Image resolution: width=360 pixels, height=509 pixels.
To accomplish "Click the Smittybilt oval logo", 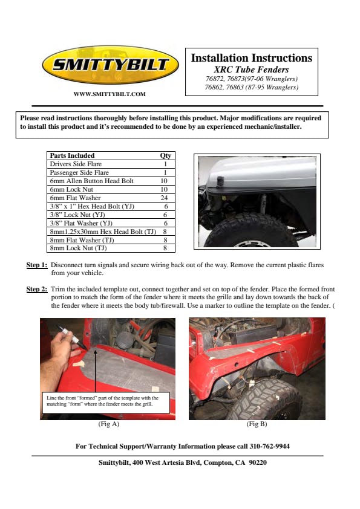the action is pyautogui.click(x=111, y=65).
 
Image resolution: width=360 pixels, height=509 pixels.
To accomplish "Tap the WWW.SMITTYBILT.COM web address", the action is pyautogui.click(x=110, y=94).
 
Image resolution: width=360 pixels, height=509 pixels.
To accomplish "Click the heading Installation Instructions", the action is pyautogui.click(x=252, y=58).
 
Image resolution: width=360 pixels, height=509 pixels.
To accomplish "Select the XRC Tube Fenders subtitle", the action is pyautogui.click(x=251, y=70).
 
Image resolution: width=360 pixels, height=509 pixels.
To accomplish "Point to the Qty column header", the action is pyautogui.click(x=165, y=155).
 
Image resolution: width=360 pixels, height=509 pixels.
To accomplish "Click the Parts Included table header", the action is pyautogui.click(x=72, y=155).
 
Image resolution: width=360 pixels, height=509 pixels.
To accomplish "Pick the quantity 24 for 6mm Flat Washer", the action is pyautogui.click(x=164, y=198).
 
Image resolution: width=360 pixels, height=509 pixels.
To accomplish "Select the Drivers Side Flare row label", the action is pyautogui.click(x=76, y=164).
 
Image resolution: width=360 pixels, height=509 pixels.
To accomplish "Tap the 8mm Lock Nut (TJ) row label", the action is pyautogui.click(x=78, y=248).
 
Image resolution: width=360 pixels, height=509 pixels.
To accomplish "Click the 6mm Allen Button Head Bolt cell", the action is pyautogui.click(x=91, y=181).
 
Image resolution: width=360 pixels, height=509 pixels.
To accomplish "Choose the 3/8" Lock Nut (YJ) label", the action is pyautogui.click(x=77, y=215).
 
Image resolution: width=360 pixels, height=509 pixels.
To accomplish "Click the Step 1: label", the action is pyautogui.click(x=37, y=265).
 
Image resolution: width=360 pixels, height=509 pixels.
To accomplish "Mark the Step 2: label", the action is pyautogui.click(x=37, y=289).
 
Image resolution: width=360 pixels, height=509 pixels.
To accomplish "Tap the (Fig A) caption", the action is pyautogui.click(x=109, y=424).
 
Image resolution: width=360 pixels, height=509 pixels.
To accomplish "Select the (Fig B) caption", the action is pyautogui.click(x=257, y=424).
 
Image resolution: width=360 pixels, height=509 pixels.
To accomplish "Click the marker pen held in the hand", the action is pyautogui.click(x=72, y=337).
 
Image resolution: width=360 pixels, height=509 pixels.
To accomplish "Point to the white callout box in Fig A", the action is pyautogui.click(x=106, y=403).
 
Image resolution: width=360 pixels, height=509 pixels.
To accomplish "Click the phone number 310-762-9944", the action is pyautogui.click(x=269, y=446).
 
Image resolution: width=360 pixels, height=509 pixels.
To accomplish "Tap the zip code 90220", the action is pyautogui.click(x=258, y=462).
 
